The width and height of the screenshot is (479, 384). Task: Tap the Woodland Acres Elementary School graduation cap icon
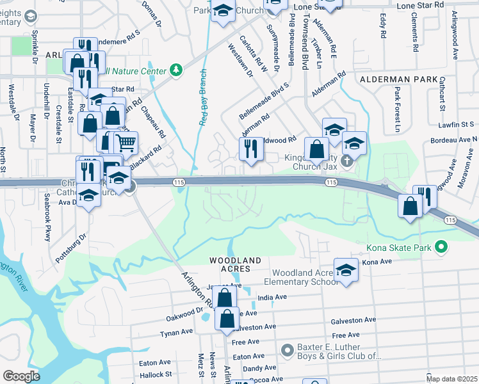(x=346, y=269)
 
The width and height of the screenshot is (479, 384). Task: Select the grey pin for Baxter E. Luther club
(x=288, y=350)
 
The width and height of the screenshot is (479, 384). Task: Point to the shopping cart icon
(x=126, y=143)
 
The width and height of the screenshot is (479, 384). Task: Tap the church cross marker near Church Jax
(x=347, y=160)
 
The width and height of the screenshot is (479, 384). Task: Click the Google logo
(x=21, y=376)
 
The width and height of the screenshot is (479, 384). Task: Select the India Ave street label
(x=272, y=298)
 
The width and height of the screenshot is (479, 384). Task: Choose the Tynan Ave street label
(x=176, y=333)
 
